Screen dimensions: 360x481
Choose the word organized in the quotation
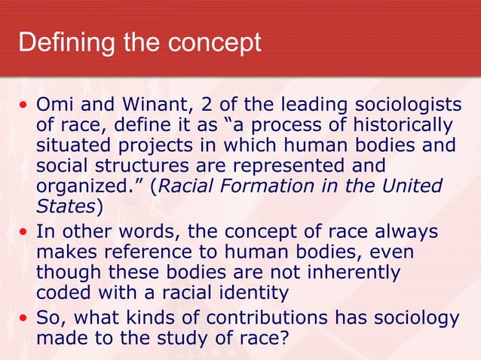pos(81,185)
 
